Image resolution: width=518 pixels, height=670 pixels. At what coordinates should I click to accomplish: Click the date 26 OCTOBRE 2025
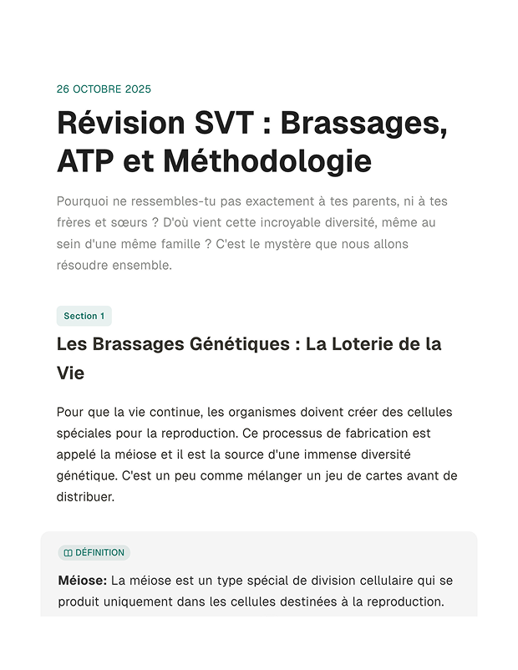tap(104, 89)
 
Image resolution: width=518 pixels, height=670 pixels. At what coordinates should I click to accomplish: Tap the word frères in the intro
tap(74, 223)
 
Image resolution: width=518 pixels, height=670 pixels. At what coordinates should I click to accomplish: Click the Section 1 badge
tap(84, 316)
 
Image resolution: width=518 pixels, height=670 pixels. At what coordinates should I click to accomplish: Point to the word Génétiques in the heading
tap(229, 344)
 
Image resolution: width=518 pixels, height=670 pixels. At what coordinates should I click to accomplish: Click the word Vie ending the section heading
tap(70, 373)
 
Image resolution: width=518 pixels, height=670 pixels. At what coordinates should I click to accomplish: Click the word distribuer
tap(84, 497)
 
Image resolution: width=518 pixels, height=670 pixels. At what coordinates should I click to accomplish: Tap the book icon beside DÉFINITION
tap(69, 553)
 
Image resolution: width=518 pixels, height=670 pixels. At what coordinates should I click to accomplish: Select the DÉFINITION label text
tap(99, 553)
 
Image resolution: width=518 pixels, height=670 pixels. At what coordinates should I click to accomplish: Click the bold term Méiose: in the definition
tap(82, 581)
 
